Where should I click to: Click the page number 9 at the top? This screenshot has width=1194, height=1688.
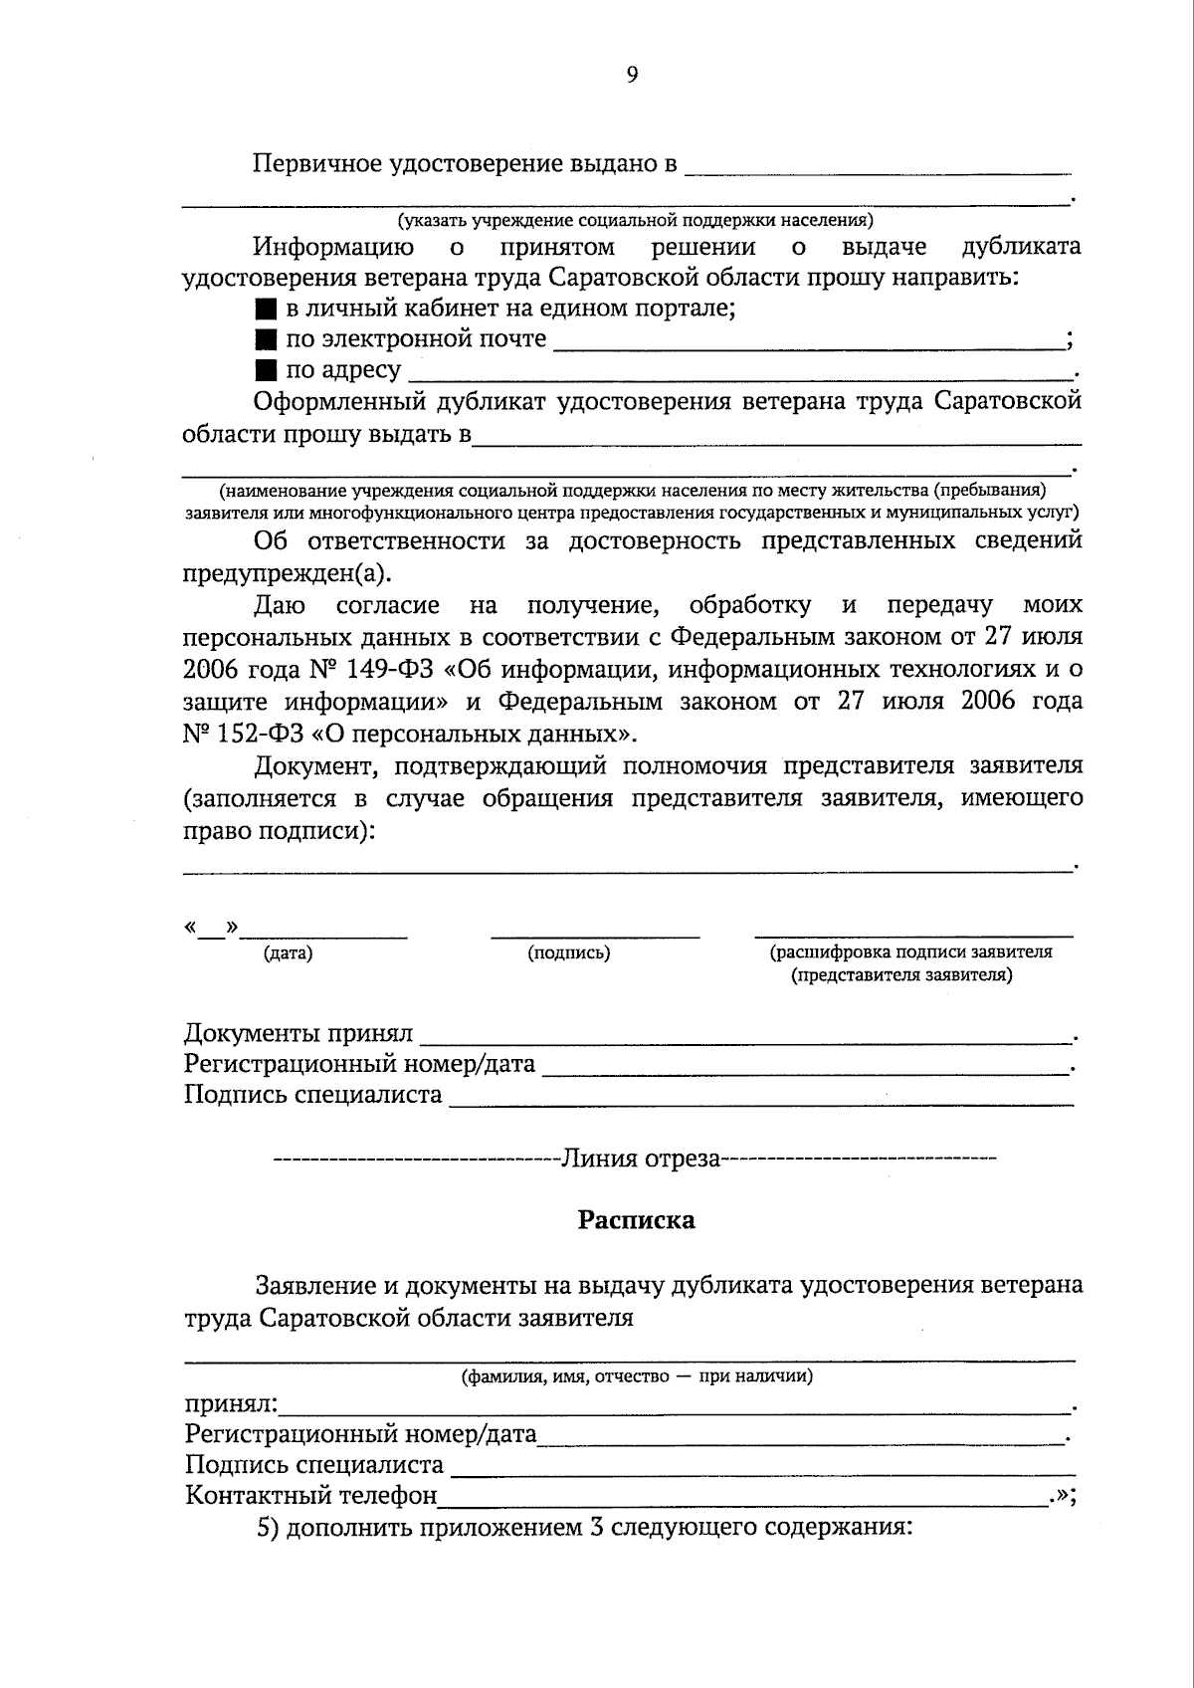pyautogui.click(x=632, y=76)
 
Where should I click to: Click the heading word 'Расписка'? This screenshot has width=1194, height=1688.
pyautogui.click(x=636, y=1220)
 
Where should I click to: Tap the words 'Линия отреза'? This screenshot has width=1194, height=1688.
pyautogui.click(x=641, y=1159)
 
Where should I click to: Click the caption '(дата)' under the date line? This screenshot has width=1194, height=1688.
pyautogui.click(x=288, y=953)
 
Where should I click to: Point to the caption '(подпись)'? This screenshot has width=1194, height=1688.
pyautogui.click(x=568, y=953)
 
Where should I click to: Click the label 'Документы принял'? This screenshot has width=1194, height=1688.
pyautogui.click(x=298, y=1033)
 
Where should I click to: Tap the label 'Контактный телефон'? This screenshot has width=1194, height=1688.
pyautogui.click(x=311, y=1495)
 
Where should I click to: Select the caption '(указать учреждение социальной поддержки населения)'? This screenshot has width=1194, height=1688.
pyautogui.click(x=635, y=220)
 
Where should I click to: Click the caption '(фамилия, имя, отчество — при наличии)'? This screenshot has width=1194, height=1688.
pyautogui.click(x=636, y=1377)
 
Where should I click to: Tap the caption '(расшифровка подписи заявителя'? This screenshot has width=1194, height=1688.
pyautogui.click(x=910, y=951)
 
